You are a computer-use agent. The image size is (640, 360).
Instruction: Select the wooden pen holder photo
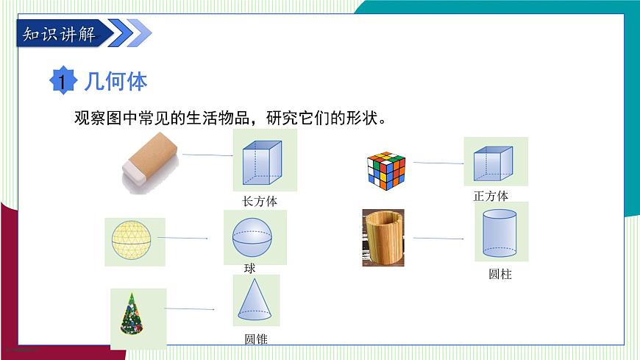(383, 237)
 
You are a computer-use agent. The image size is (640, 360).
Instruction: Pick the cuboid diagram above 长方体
(263, 162)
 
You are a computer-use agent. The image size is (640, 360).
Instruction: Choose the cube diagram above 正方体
(492, 163)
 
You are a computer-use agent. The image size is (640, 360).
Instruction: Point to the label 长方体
(260, 201)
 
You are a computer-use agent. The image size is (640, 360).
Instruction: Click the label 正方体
(491, 196)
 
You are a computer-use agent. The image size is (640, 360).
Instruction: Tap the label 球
(250, 269)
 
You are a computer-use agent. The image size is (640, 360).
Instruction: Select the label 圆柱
(499, 274)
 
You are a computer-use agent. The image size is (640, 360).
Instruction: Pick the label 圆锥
(255, 339)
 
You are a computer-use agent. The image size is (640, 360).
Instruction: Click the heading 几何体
(116, 80)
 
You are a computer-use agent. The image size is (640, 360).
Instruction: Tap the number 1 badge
(63, 81)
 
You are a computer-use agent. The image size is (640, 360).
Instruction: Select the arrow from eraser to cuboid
(207, 155)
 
